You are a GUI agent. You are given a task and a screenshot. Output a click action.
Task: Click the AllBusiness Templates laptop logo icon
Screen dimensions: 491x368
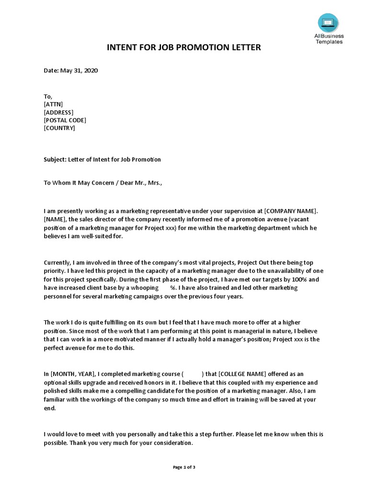click(x=328, y=23)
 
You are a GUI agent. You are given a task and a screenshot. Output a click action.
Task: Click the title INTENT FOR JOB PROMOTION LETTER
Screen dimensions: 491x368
click(x=184, y=47)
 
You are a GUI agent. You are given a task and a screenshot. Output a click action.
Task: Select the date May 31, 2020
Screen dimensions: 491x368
click(x=79, y=70)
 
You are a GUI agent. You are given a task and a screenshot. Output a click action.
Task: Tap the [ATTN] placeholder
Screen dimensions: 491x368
click(x=53, y=104)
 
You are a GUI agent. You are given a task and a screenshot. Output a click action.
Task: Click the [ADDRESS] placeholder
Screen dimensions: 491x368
click(x=58, y=112)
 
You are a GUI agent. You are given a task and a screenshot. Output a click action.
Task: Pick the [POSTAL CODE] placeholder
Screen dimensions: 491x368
click(x=65, y=120)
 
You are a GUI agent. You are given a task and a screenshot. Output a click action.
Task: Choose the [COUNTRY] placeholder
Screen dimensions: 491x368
click(x=59, y=128)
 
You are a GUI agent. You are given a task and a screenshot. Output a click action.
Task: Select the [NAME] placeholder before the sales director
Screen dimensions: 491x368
click(x=56, y=219)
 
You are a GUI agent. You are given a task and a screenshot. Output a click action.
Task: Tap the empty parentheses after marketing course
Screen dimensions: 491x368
click(x=193, y=374)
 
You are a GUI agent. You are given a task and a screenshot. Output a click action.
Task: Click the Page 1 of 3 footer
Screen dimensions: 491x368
click(x=184, y=468)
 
